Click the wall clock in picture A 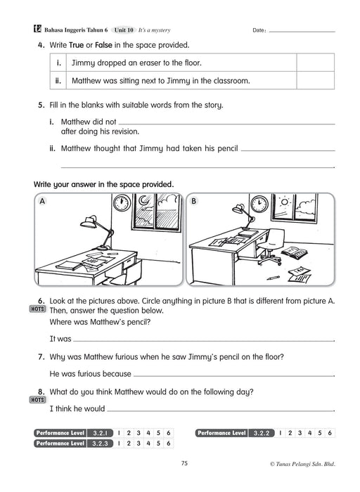pyautogui.click(x=122, y=202)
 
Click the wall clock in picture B pyautogui.click(x=259, y=203)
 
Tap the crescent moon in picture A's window pyautogui.click(x=143, y=200)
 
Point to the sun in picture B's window pyautogui.click(x=284, y=202)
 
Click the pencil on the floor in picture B pyautogui.click(x=273, y=278)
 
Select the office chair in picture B pyautogui.click(x=272, y=247)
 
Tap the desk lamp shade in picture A pyautogui.click(x=88, y=222)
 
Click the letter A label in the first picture pyautogui.click(x=42, y=201)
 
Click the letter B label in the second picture pyautogui.click(x=193, y=201)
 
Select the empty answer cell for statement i pyautogui.click(x=315, y=63)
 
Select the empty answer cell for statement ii pyautogui.click(x=315, y=80)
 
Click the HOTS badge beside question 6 pyautogui.click(x=37, y=309)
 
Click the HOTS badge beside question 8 pyautogui.click(x=37, y=400)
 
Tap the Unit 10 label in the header pyautogui.click(x=124, y=30)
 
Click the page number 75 pyautogui.click(x=184, y=463)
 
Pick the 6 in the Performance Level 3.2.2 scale pyautogui.click(x=330, y=433)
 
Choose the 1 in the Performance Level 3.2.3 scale pyautogui.click(x=119, y=444)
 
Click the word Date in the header pyautogui.click(x=259, y=30)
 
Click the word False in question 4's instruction pyautogui.click(x=103, y=45)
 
